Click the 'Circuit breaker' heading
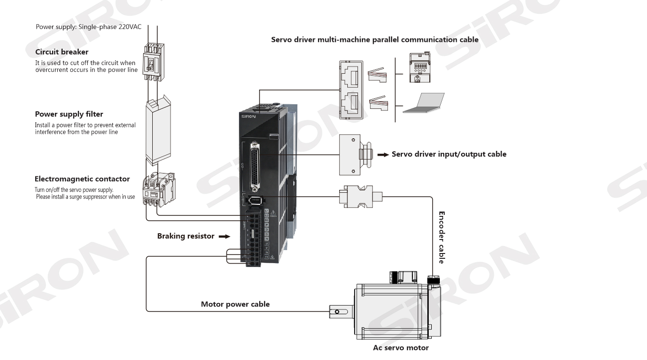[x=62, y=52]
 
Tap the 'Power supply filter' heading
[x=69, y=114]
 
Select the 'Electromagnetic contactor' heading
[x=82, y=179]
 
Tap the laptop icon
[x=423, y=103]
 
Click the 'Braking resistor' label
[x=185, y=236]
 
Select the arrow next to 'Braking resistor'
[x=224, y=237]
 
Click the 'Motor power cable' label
[x=235, y=304]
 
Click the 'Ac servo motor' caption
[x=400, y=347]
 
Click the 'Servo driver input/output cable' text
[x=449, y=154]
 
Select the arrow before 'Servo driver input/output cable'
[x=383, y=155]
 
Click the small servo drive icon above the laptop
[x=418, y=68]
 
